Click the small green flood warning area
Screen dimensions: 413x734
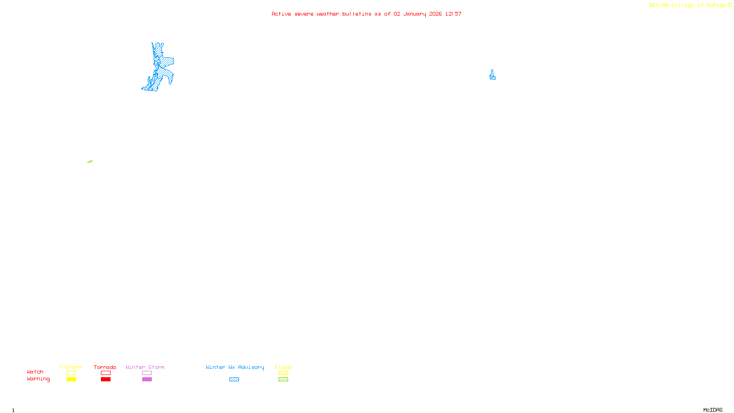(x=90, y=162)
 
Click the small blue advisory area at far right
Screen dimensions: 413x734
(x=492, y=76)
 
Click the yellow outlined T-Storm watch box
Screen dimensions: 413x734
(x=71, y=373)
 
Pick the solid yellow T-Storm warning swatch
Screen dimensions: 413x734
(x=71, y=380)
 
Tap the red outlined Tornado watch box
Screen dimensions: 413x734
(x=106, y=373)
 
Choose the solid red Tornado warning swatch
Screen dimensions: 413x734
(x=106, y=380)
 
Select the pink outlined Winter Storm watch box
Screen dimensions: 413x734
(x=147, y=373)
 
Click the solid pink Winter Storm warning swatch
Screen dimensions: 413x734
(x=147, y=380)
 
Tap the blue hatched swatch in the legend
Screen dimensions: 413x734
(x=234, y=380)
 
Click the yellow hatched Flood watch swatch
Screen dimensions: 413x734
(x=283, y=373)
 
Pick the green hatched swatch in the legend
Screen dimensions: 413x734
(x=283, y=380)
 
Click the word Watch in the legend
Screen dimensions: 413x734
(x=35, y=372)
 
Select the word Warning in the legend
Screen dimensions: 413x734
(x=39, y=379)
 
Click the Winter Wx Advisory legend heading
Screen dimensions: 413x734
(x=235, y=367)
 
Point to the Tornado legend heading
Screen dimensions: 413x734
(x=105, y=367)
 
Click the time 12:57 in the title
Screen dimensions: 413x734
(x=453, y=14)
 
